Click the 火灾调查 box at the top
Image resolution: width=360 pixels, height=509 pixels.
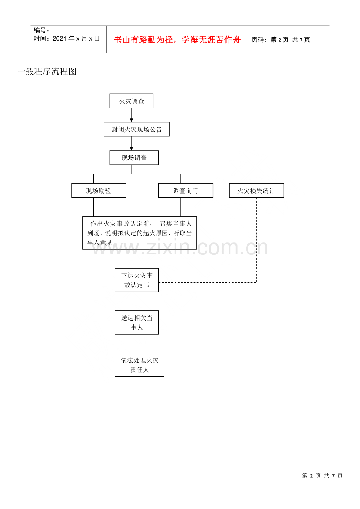tap(131, 101)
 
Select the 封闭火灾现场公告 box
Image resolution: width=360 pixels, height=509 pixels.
tap(137, 129)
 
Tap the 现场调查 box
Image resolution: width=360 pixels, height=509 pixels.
tap(134, 158)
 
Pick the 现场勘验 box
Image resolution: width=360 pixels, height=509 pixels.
tap(99, 190)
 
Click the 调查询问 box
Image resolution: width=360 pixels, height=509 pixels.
tap(185, 190)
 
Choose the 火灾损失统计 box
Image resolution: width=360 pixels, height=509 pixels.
tap(256, 190)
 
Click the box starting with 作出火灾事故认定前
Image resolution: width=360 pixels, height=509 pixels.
tap(139, 233)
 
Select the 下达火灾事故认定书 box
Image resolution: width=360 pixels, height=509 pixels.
tap(137, 280)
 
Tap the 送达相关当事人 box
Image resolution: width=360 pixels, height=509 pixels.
tap(137, 323)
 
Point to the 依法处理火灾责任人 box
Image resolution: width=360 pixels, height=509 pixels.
tap(139, 365)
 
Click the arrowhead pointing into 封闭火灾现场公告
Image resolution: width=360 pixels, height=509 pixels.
tap(131, 120)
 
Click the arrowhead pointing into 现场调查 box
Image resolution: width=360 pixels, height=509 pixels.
tap(131, 149)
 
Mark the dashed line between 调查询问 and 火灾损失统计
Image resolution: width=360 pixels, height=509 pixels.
tap(221, 188)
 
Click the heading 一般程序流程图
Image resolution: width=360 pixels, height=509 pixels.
tap(47, 72)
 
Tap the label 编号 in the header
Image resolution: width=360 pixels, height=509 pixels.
tap(40, 30)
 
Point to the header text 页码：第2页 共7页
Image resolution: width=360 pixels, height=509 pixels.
tap(281, 40)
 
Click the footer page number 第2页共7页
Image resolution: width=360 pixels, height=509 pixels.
tap(322, 476)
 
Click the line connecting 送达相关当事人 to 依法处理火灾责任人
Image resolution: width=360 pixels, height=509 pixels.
tap(137, 344)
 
